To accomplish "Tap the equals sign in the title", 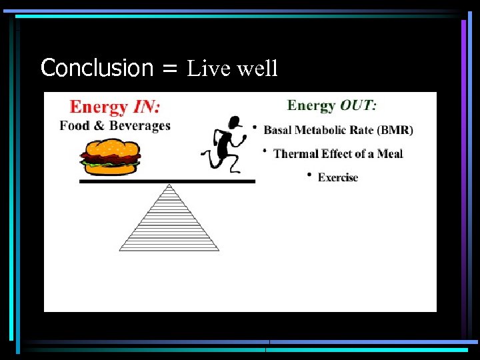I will tap(170, 69).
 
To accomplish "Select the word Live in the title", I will tap(207, 68).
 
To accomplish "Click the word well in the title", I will tap(257, 68).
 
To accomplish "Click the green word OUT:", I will tap(359, 105).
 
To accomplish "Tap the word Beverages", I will tap(139, 125).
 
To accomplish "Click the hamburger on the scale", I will tap(110, 157).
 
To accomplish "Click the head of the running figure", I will tap(233, 122).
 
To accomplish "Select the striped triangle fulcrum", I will tap(169, 223).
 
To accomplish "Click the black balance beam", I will tap(167, 181).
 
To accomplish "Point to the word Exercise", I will tap(338, 177).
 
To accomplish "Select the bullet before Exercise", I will tap(309, 175).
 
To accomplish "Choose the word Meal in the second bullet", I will tap(389, 154).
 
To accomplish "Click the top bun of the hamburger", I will tap(110, 147).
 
